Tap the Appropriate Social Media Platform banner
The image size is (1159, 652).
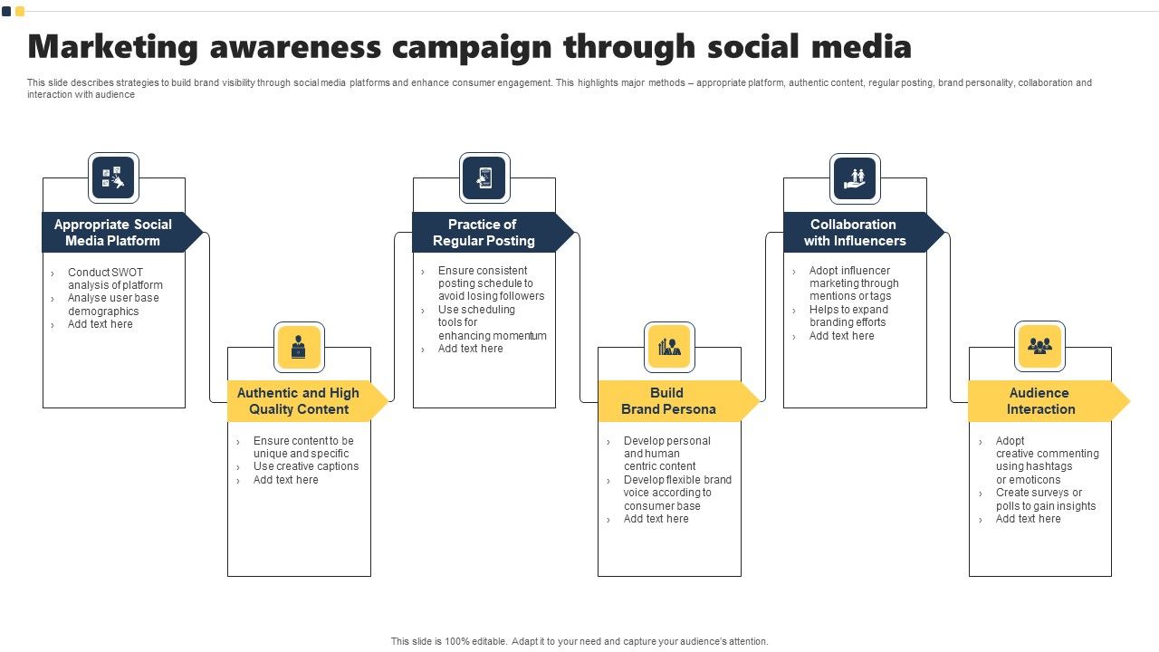pos(113,233)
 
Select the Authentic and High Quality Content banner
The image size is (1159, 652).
pos(299,401)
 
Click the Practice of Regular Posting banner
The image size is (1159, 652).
pos(484,233)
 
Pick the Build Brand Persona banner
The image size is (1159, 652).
pos(668,401)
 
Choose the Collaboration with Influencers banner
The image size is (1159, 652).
pos(855,233)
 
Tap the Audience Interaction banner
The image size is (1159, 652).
pos(1040,401)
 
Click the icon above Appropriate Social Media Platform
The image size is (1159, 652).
pos(113,177)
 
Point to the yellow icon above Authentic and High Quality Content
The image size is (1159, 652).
pos(299,347)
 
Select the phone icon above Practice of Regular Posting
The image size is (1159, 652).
pos(484,177)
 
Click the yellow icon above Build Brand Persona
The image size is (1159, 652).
pos(670,347)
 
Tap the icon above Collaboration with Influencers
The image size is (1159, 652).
pos(855,177)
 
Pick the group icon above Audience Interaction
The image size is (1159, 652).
pos(1039,346)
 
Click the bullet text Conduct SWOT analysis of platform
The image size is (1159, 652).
pos(115,279)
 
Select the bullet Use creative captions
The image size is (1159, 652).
pos(306,466)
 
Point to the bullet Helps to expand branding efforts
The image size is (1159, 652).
pos(848,316)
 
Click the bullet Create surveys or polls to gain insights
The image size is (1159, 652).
pos(1045,499)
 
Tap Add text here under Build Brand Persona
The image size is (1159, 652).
pos(656,519)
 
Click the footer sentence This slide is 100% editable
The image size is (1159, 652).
pos(449,641)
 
